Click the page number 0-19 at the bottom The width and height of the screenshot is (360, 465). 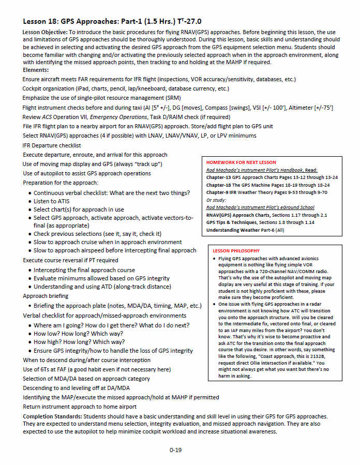click(x=175, y=450)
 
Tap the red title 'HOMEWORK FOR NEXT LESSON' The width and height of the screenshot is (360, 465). click(x=241, y=162)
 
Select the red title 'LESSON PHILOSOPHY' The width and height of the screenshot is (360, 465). click(x=236, y=251)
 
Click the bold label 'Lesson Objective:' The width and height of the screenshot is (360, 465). click(x=45, y=32)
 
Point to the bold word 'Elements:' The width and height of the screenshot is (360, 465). click(x=36, y=70)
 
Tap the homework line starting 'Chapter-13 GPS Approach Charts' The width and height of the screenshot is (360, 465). click(x=272, y=177)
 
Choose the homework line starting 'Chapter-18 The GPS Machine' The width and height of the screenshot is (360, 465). click(x=272, y=185)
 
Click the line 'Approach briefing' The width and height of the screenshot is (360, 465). click(x=46, y=296)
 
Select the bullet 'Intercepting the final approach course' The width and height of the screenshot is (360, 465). click(x=84, y=270)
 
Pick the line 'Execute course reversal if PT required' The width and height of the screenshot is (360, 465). click(x=70, y=260)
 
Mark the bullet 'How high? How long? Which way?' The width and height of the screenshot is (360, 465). click(x=79, y=342)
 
